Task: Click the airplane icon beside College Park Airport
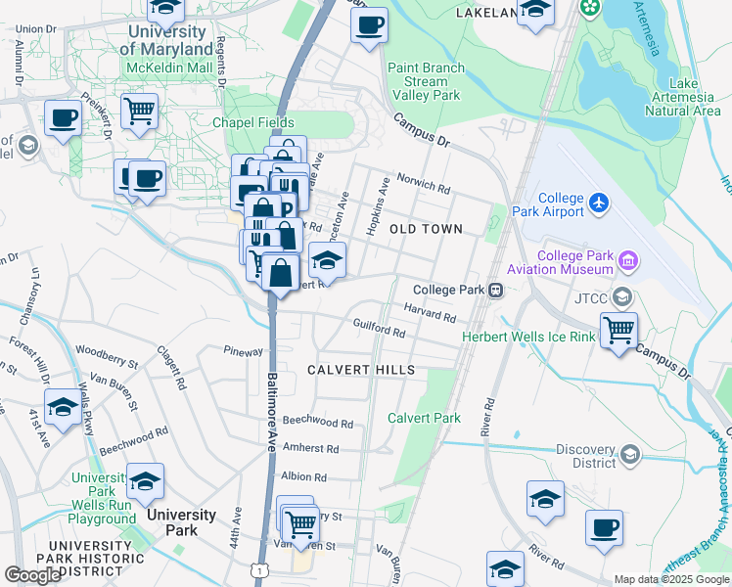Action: click(599, 204)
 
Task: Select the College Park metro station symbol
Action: click(497, 290)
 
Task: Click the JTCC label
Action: click(590, 297)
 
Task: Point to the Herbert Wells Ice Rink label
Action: click(528, 337)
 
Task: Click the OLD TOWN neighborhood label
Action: click(426, 229)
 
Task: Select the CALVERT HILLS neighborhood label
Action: click(361, 370)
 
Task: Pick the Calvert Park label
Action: click(424, 418)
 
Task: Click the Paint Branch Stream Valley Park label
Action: click(426, 82)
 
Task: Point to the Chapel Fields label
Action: click(252, 122)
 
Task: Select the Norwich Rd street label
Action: click(431, 188)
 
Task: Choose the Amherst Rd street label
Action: click(310, 448)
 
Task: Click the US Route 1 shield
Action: click(259, 568)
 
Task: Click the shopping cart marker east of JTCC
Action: click(618, 331)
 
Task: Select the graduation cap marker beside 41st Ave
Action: click(63, 407)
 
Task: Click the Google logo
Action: click(33, 574)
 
